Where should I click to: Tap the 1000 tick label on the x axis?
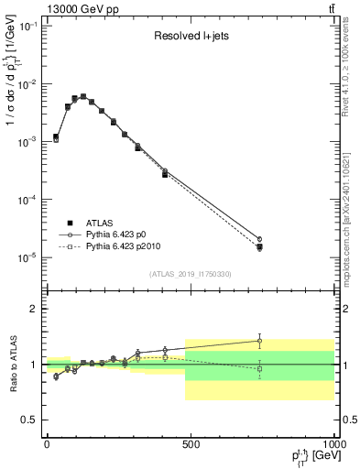coord(332,443)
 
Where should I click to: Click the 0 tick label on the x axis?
coord(47,443)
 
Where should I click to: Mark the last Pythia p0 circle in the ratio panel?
coord(259,341)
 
